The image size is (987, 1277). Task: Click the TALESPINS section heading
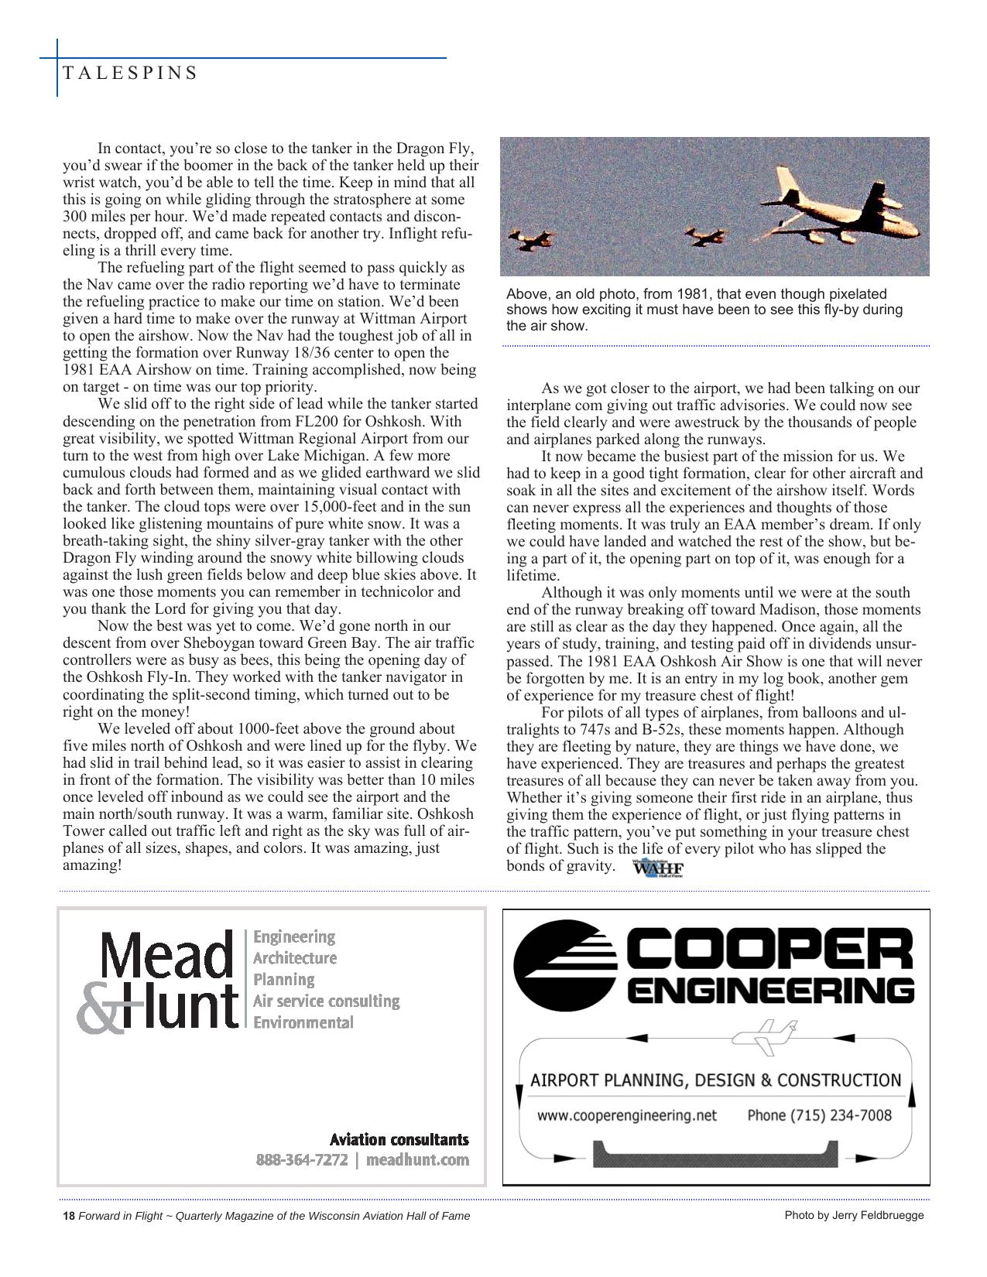[129, 73]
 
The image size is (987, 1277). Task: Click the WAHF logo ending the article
[658, 868]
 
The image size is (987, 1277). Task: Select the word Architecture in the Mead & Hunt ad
[295, 958]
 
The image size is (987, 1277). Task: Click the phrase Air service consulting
[326, 1001]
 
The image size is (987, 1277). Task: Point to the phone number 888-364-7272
[302, 1160]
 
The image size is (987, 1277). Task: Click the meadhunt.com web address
[417, 1160]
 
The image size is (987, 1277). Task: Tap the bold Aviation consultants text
[399, 1139]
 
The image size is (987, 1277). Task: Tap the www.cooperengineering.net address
[628, 1115]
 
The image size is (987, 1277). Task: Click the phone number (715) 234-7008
[819, 1115]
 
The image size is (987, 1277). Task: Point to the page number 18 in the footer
[68, 1216]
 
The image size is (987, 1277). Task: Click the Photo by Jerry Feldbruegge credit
[854, 1215]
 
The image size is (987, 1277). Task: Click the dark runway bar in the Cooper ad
[715, 1155]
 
